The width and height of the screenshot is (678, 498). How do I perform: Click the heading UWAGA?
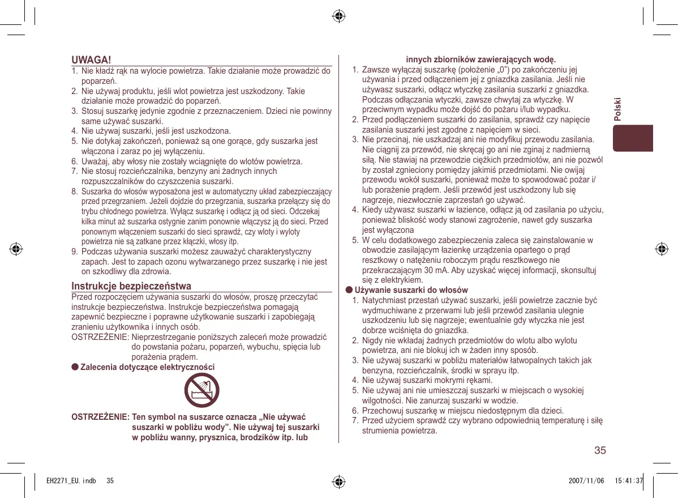click(x=91, y=60)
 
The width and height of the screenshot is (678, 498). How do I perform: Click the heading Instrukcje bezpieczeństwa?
click(x=131, y=286)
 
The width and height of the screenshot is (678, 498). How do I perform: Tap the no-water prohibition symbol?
click(x=201, y=391)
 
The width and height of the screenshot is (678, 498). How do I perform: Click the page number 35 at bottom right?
click(x=600, y=451)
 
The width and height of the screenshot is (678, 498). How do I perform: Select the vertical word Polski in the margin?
click(x=617, y=108)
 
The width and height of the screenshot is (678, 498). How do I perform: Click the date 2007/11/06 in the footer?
click(x=586, y=481)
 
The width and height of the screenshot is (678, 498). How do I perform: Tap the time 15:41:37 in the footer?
click(x=628, y=481)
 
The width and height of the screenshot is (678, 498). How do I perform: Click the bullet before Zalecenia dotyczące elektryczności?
click(x=75, y=367)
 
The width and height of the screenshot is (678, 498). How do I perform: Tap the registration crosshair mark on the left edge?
click(x=16, y=249)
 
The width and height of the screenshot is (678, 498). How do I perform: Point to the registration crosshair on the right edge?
click(x=660, y=249)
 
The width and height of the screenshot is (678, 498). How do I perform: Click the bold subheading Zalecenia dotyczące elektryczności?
click(x=148, y=367)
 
